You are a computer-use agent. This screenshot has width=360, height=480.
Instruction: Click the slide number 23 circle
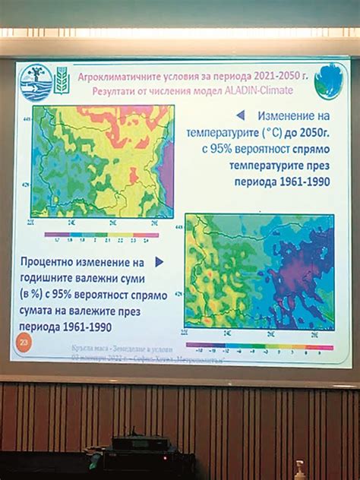point(21,346)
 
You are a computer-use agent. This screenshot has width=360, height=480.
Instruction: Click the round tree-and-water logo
point(36,80)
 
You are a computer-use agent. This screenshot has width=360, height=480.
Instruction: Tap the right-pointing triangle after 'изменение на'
point(159,261)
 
